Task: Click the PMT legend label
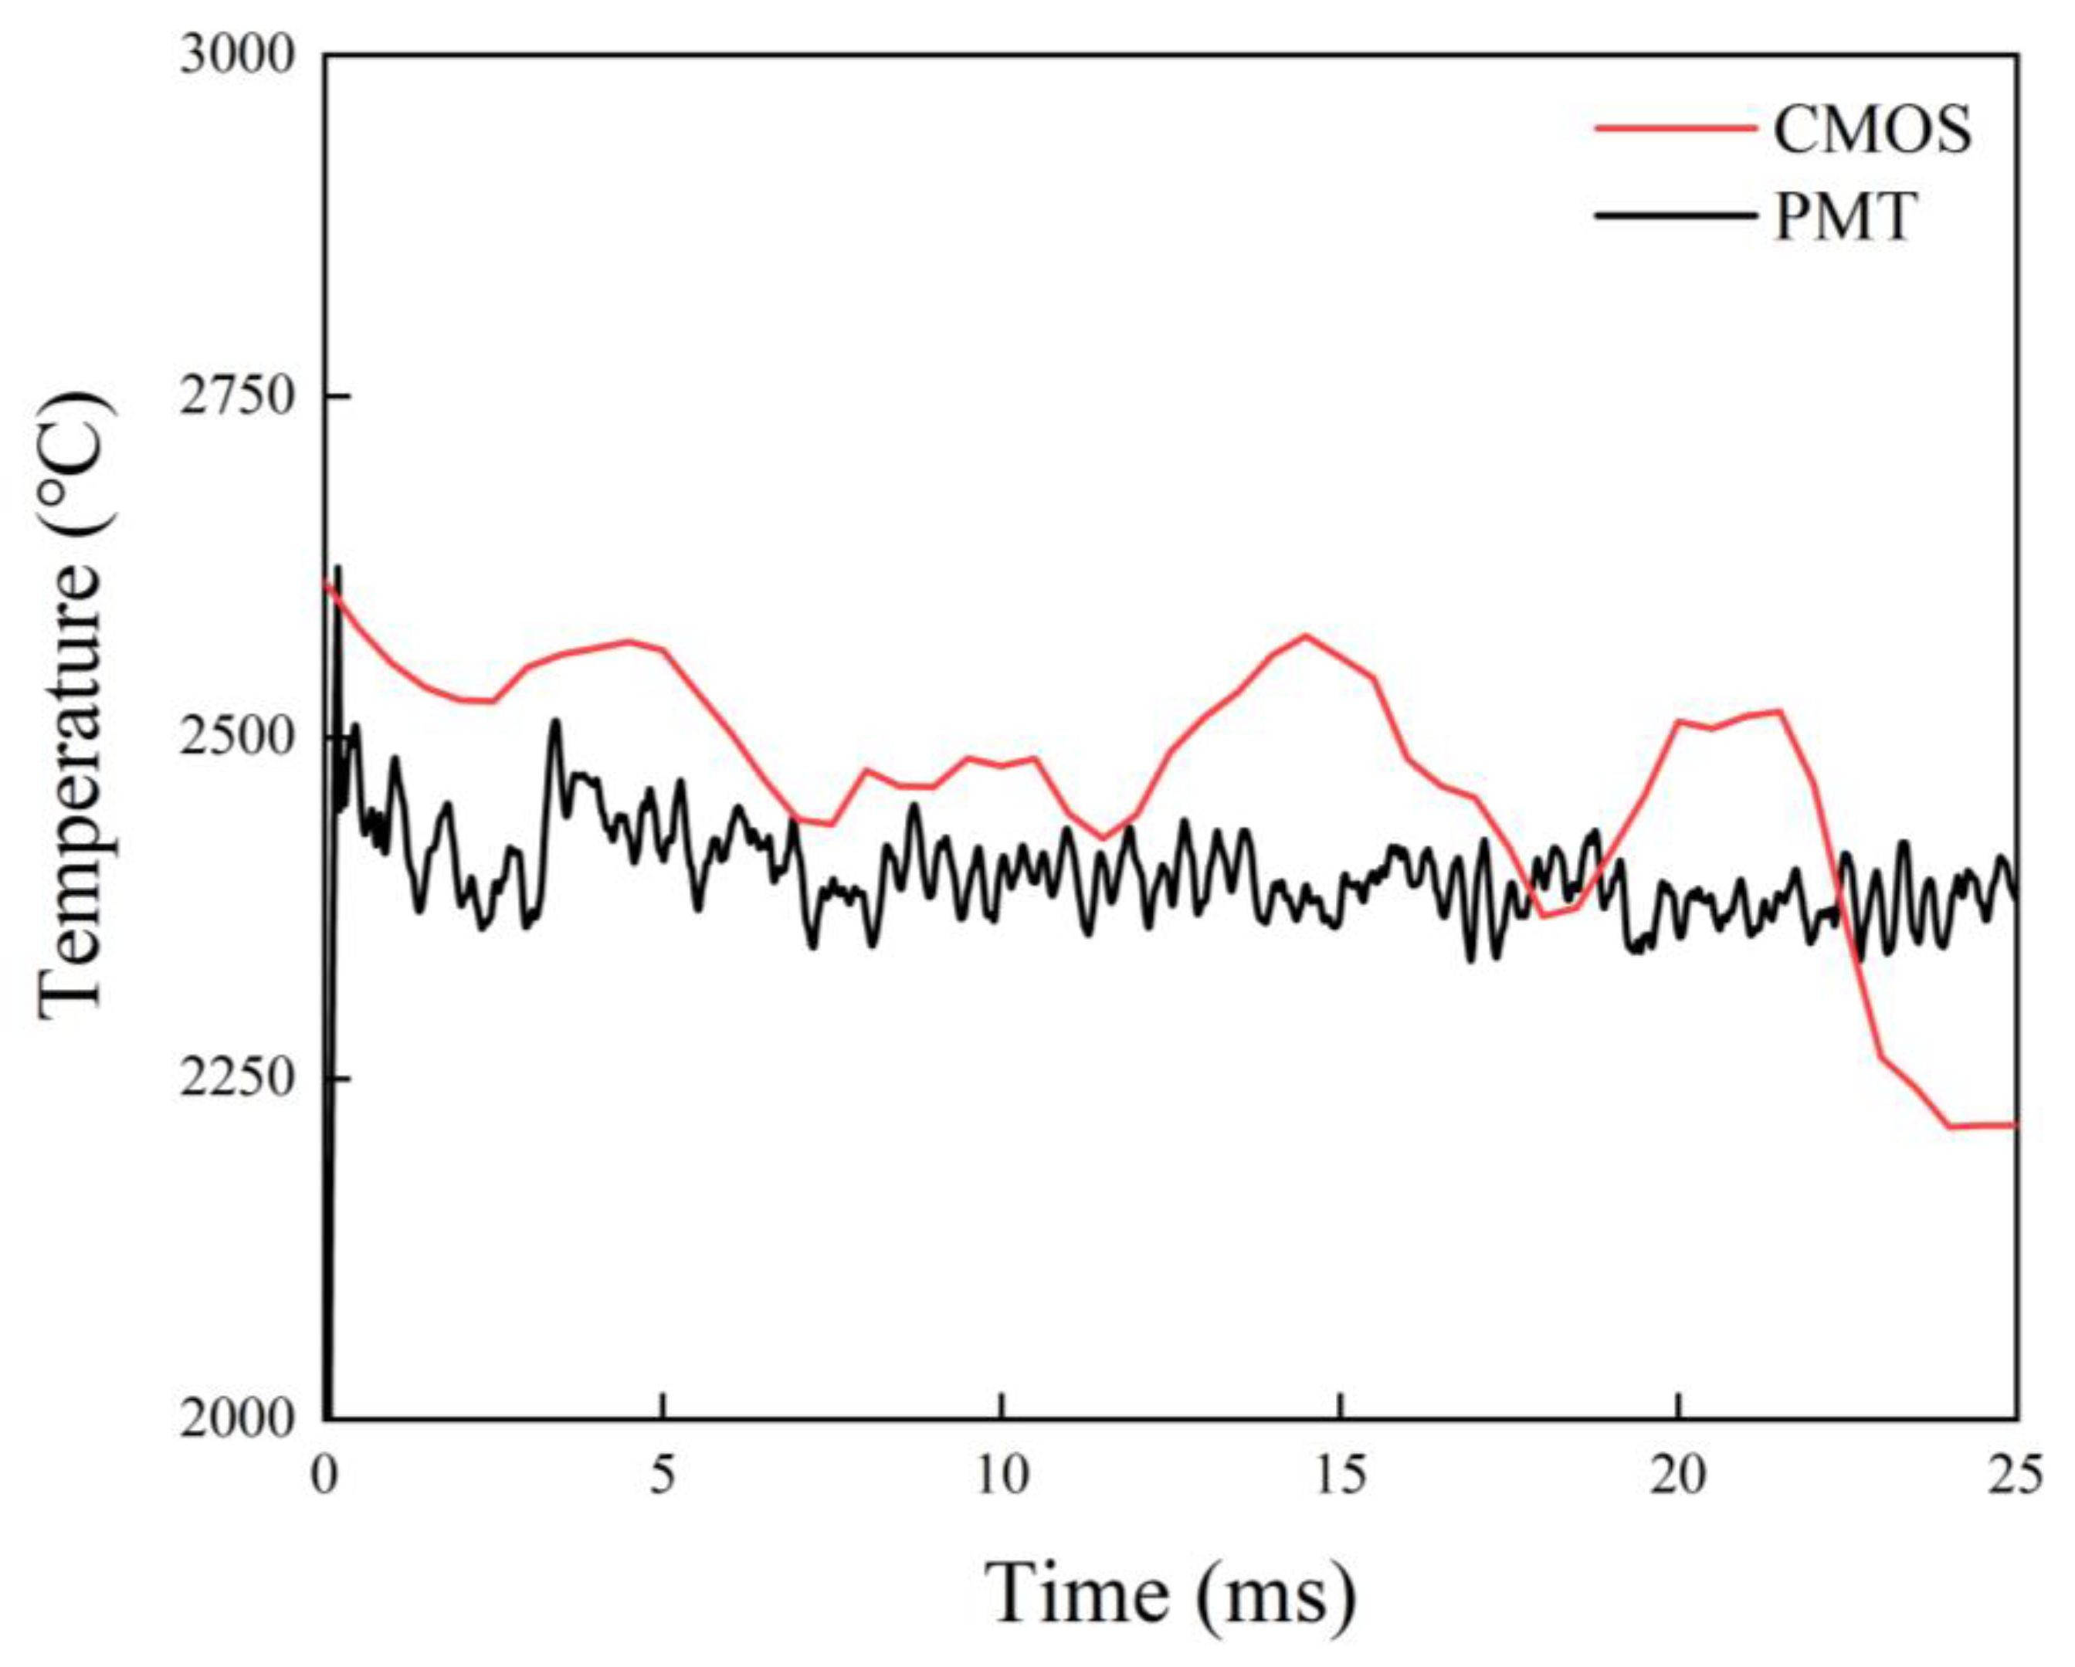(x=1845, y=215)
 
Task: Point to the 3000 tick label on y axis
(x=236, y=56)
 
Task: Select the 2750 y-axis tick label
(x=236, y=397)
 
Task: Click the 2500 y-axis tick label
(x=236, y=737)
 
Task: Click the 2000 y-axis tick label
(x=236, y=1418)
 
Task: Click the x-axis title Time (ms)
(x=1172, y=1594)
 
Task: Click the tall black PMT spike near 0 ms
(x=337, y=570)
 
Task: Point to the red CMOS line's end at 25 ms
(x=2014, y=1124)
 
